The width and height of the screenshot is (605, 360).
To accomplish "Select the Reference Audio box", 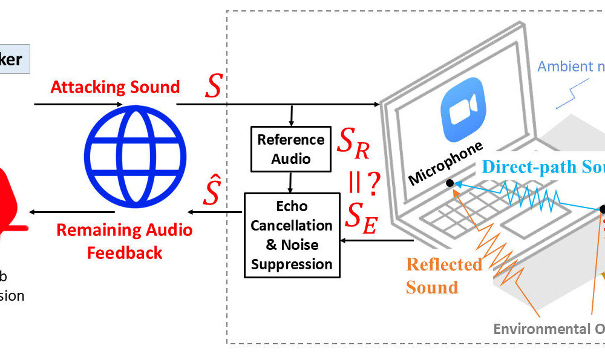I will click(291, 149).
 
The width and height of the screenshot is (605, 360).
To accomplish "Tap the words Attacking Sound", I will click(115, 87).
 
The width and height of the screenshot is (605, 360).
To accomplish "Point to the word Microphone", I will click(446, 163).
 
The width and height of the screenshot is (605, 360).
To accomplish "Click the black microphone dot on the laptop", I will click(450, 183).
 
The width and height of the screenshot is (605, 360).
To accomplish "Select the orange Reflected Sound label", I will click(444, 275).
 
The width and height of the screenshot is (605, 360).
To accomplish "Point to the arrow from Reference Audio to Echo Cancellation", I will click(291, 182).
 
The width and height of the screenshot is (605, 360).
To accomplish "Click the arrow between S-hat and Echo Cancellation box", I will click(214, 212).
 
